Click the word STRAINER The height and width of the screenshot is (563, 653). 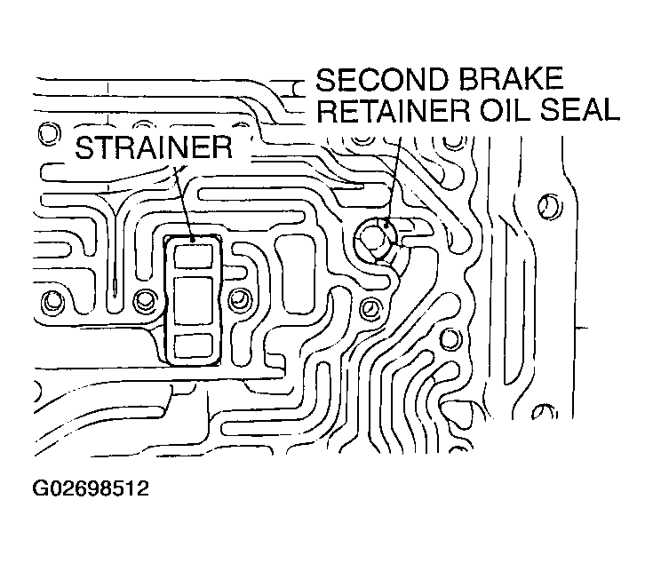point(154,147)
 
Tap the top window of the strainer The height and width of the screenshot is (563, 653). point(194,256)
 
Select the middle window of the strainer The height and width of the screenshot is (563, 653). point(194,299)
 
